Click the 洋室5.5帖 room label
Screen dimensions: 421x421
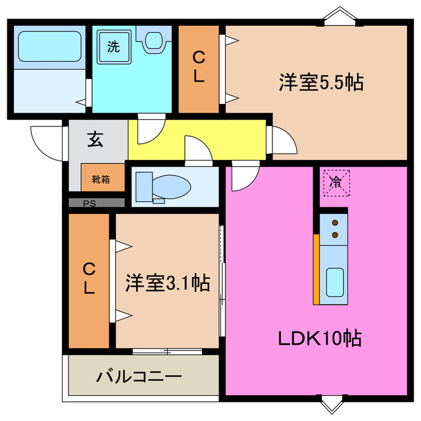tap(322, 83)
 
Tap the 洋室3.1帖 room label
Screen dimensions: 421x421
tap(168, 284)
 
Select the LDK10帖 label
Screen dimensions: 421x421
tap(319, 339)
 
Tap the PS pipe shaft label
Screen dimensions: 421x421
tap(89, 203)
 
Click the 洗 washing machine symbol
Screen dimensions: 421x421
tap(114, 47)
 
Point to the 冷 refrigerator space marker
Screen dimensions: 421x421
tap(335, 180)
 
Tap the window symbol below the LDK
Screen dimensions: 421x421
tap(332, 403)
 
